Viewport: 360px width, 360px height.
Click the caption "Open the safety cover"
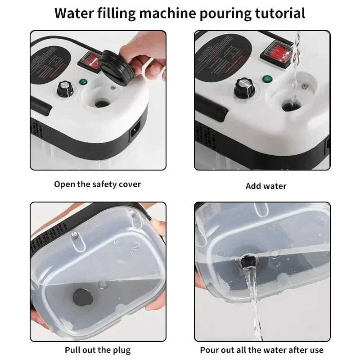[98, 184]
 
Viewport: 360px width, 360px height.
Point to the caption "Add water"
[266, 186]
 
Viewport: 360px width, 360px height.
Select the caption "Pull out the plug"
[98, 350]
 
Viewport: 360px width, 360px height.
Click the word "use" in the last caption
[315, 350]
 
